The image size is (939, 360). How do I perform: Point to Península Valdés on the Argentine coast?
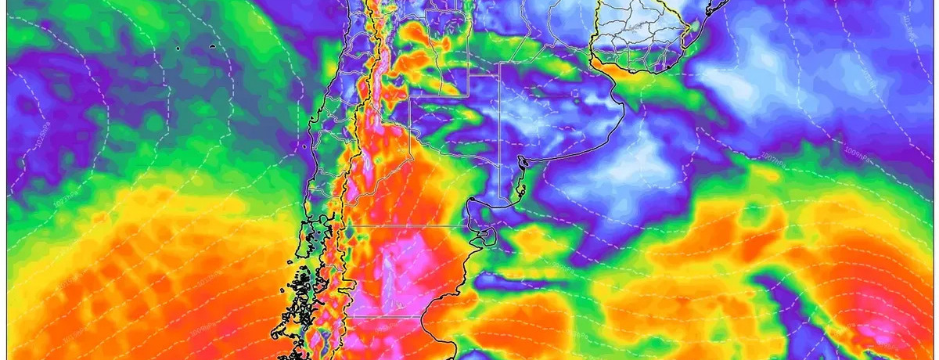tap(487, 236)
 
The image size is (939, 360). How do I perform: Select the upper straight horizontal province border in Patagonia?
tap(406, 225)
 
